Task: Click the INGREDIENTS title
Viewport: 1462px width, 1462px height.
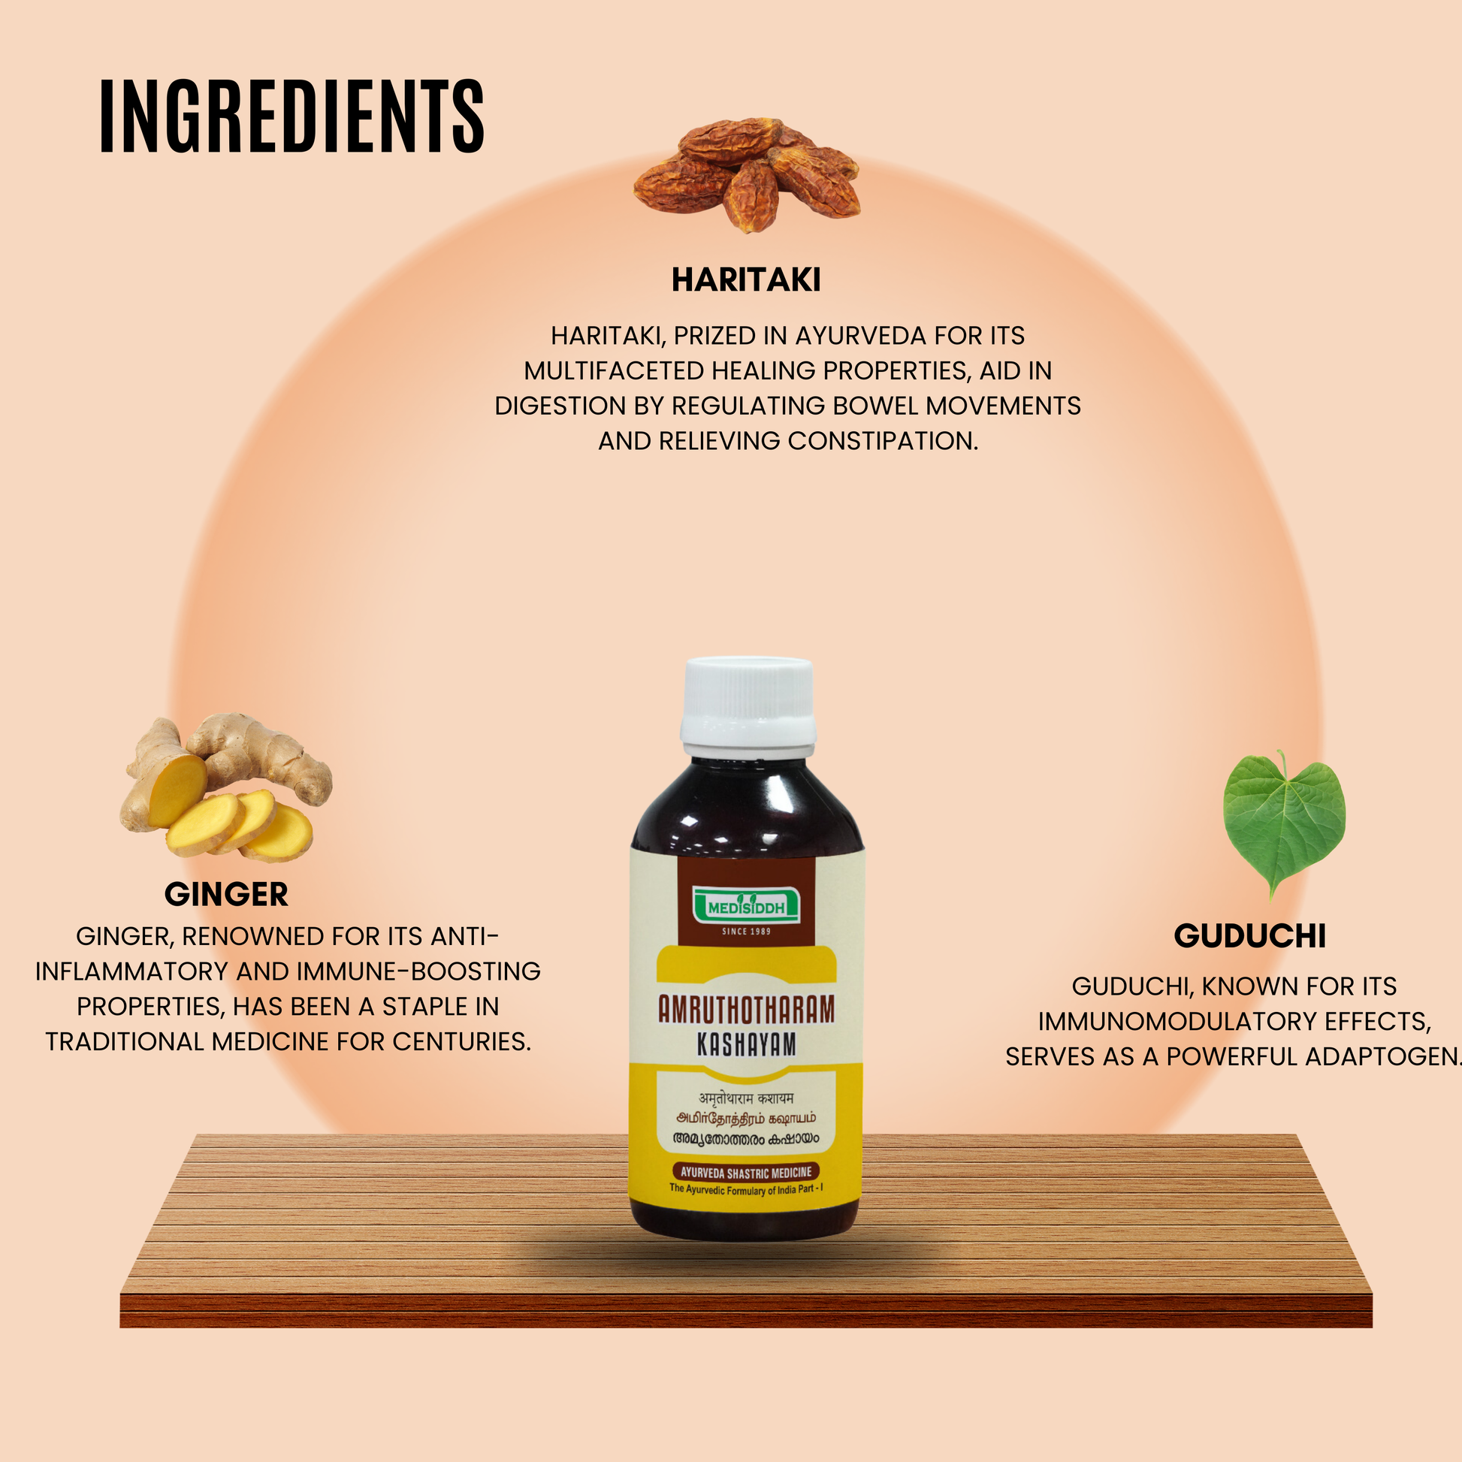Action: (291, 116)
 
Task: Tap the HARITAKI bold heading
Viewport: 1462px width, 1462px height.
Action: (745, 280)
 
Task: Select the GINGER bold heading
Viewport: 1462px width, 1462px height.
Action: (226, 895)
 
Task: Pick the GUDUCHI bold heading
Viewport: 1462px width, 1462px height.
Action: (1249, 936)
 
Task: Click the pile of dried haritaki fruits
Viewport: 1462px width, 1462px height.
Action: (747, 173)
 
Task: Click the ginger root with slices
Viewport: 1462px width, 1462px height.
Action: (225, 788)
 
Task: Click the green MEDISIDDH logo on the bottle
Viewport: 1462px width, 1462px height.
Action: (746, 906)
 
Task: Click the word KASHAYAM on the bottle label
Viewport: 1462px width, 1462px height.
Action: (746, 1045)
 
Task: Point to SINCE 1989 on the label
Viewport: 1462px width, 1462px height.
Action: (746, 932)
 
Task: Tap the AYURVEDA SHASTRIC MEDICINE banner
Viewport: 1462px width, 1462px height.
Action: (745, 1172)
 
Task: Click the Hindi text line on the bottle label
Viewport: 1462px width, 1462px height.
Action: (745, 1098)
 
